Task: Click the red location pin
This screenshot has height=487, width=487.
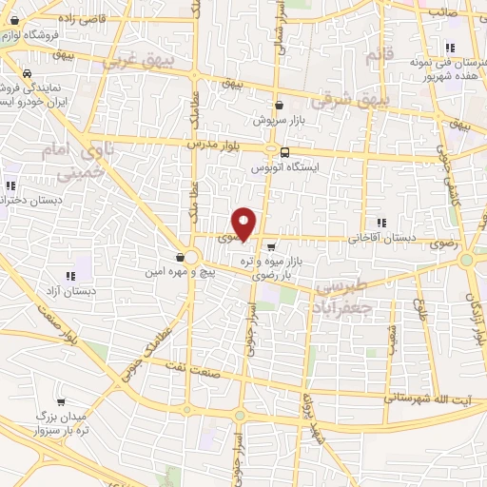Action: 245,224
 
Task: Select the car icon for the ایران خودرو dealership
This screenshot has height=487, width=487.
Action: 28,73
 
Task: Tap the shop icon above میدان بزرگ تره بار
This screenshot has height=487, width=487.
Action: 61,402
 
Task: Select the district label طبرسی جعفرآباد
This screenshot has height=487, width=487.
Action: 338,298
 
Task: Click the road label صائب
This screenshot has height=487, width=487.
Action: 444,11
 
